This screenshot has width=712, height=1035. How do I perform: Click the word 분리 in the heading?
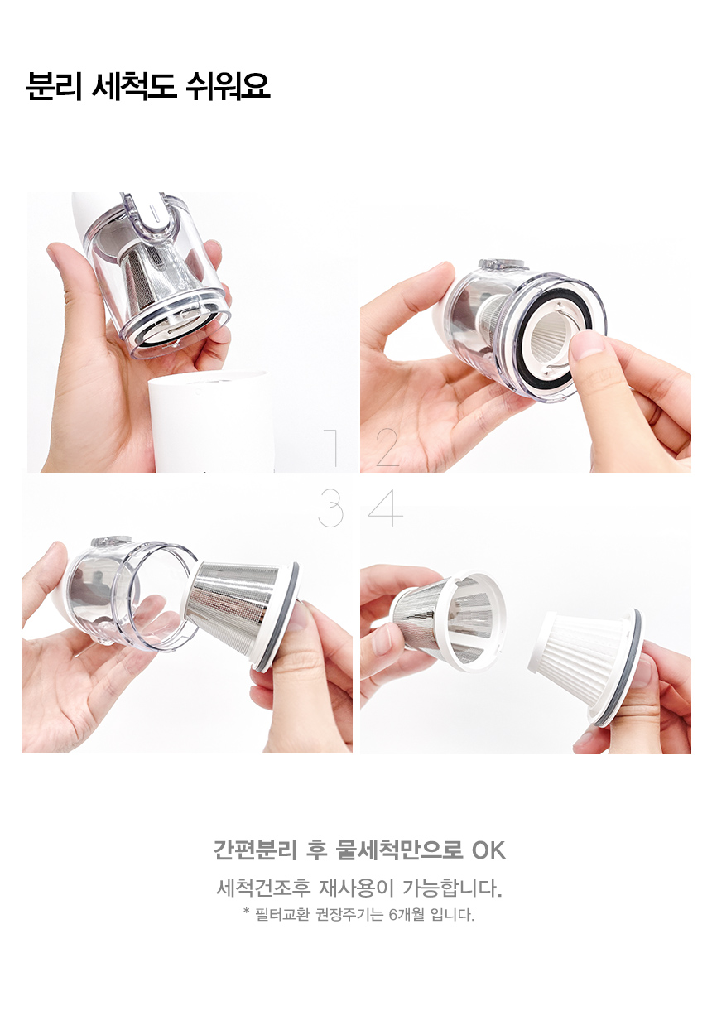pyautogui.click(x=54, y=86)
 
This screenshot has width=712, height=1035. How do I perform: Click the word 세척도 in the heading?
pyautogui.click(x=133, y=86)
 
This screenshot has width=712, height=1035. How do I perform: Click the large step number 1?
pyautogui.click(x=331, y=447)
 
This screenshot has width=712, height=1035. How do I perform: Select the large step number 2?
pyautogui.click(x=387, y=447)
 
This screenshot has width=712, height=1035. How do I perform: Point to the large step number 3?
pyautogui.click(x=331, y=508)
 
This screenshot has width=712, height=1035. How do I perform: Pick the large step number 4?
pyautogui.click(x=385, y=508)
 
